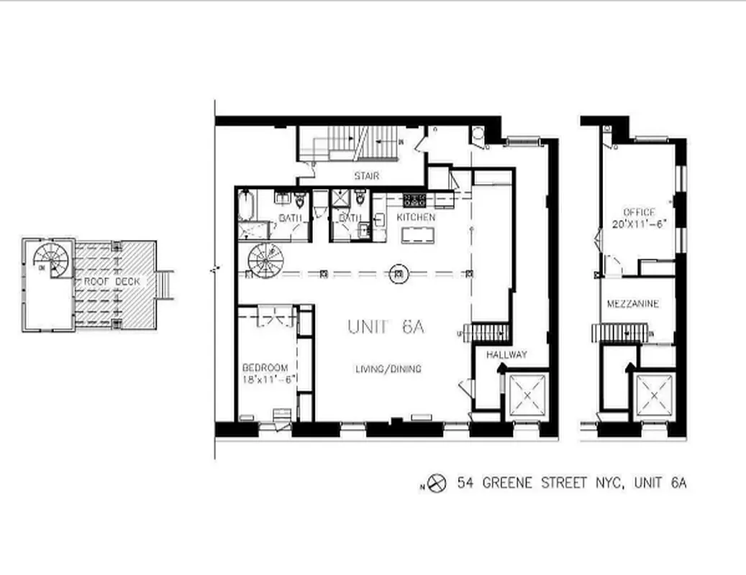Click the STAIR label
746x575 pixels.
coord(366,176)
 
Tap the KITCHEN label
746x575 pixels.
coord(416,217)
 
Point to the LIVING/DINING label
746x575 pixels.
coord(388,369)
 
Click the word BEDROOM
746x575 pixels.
coord(265,367)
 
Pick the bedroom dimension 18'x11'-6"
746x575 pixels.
coord(268,380)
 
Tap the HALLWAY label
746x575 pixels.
coord(506,354)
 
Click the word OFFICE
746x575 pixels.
coord(639,212)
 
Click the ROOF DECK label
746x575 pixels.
coord(111,282)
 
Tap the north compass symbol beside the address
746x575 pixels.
coord(437,483)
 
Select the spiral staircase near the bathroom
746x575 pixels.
coord(265,259)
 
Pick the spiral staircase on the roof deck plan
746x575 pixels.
coord(53,258)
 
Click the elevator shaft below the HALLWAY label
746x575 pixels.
coord(527,394)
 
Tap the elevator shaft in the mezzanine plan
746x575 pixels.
coord(653,395)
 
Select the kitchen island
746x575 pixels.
coord(419,234)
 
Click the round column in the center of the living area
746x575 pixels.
coord(398,273)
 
